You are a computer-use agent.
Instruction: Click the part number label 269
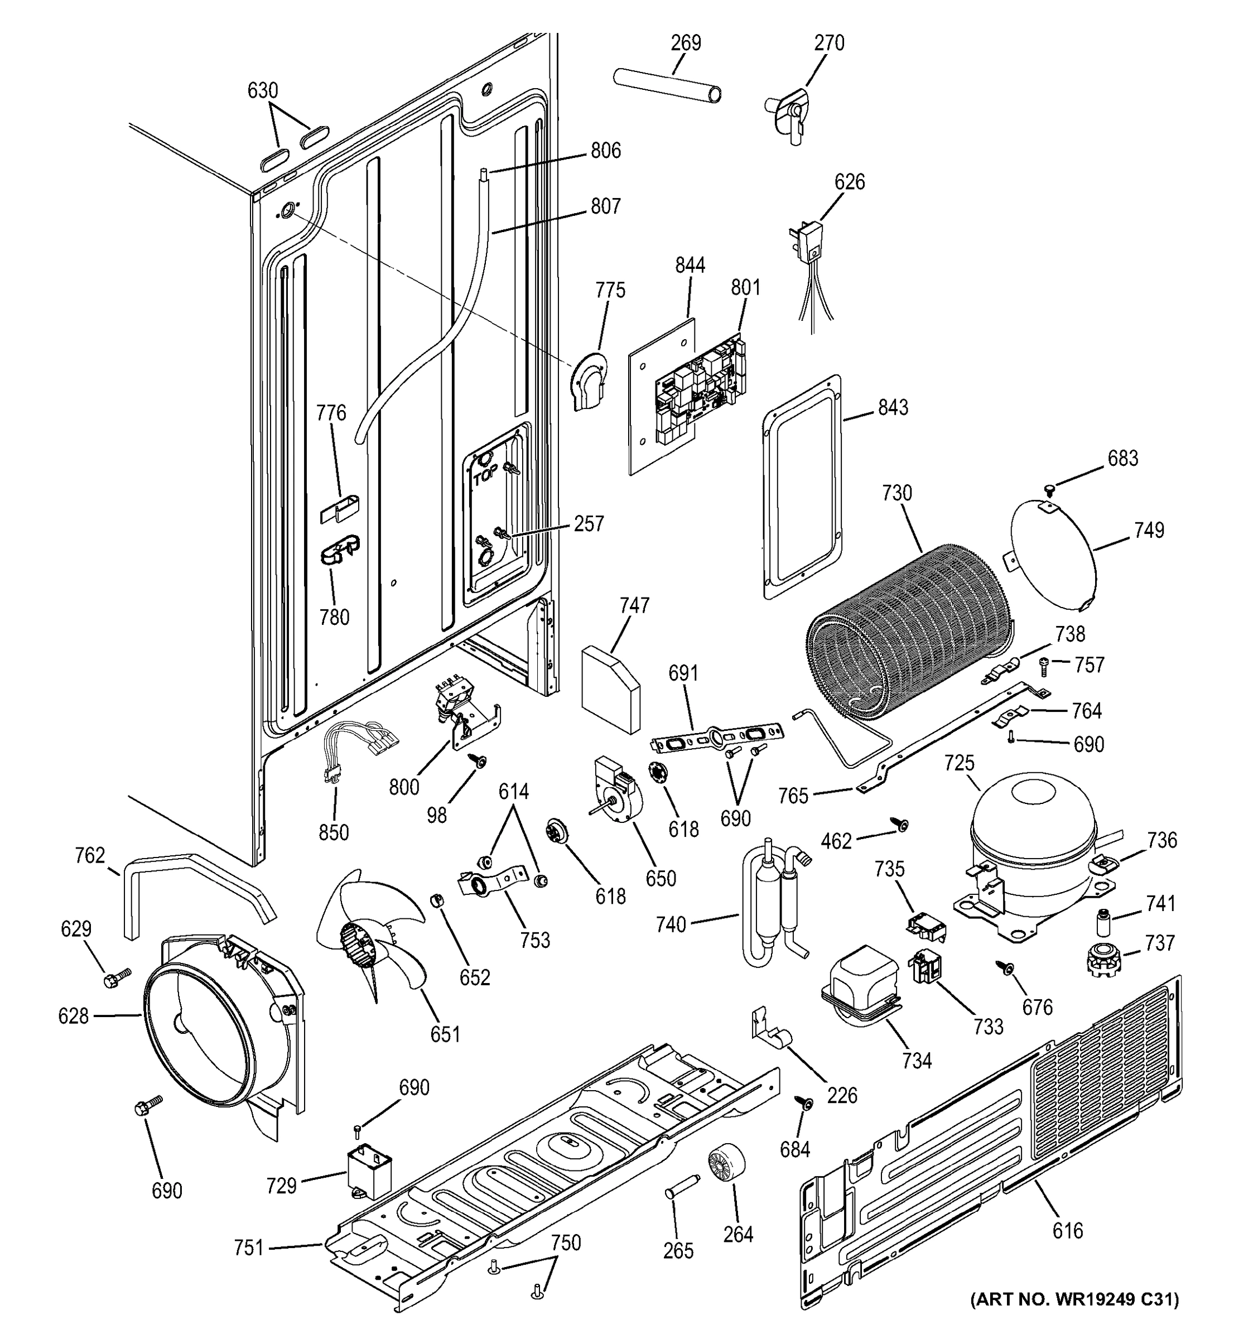click(x=685, y=42)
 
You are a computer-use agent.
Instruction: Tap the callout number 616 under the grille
click(x=1067, y=1231)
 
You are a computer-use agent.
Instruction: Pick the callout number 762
click(x=90, y=855)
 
